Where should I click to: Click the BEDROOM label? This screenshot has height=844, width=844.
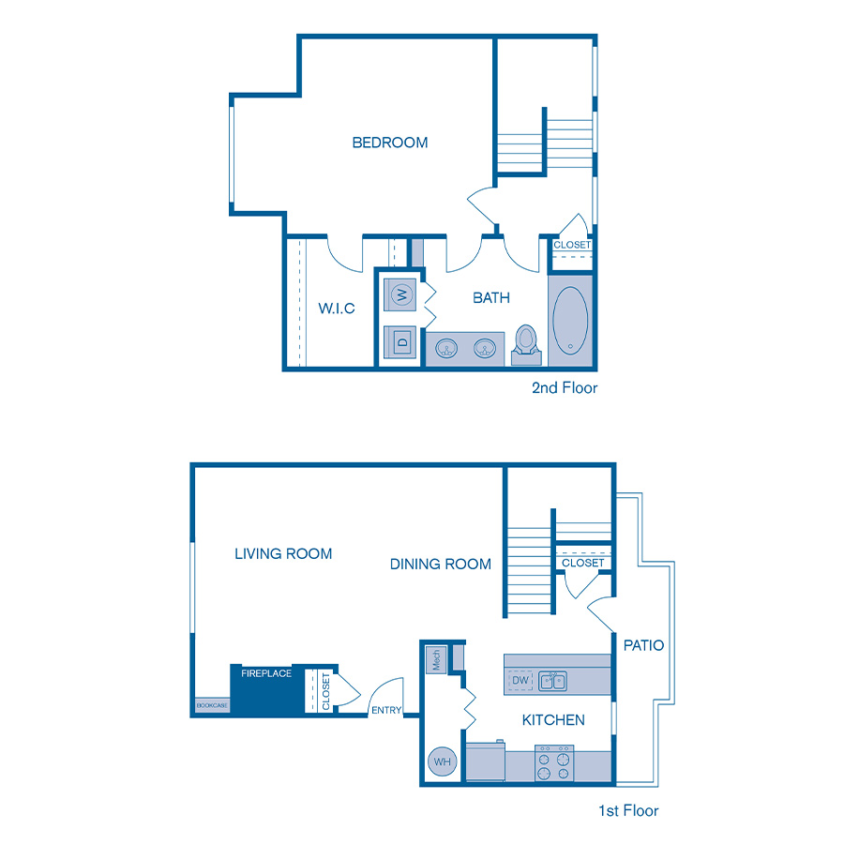pyautogui.click(x=390, y=143)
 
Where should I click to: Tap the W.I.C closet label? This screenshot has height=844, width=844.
pyautogui.click(x=337, y=308)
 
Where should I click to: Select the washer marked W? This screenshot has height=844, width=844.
pyautogui.click(x=402, y=294)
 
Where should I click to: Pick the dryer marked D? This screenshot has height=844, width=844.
pyautogui.click(x=402, y=341)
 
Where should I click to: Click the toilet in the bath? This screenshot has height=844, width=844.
pyautogui.click(x=526, y=343)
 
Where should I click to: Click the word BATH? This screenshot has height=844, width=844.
pyautogui.click(x=491, y=298)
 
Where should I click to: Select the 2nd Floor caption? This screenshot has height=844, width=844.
pyautogui.click(x=565, y=387)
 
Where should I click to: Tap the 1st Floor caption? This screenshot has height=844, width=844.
pyautogui.click(x=628, y=810)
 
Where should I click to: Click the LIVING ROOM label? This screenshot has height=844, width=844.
pyautogui.click(x=283, y=554)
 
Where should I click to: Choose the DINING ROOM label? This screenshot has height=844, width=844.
pyautogui.click(x=441, y=565)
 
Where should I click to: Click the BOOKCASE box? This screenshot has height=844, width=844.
pyautogui.click(x=212, y=705)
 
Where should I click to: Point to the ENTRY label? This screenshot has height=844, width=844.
pyautogui.click(x=385, y=710)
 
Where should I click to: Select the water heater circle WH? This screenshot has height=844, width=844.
pyautogui.click(x=443, y=762)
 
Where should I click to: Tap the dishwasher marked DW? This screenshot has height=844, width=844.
pyautogui.click(x=520, y=679)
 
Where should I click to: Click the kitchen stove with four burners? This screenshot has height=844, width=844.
pyautogui.click(x=553, y=762)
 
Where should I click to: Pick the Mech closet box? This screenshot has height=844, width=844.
pyautogui.click(x=436, y=659)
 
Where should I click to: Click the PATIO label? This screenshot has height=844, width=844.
pyautogui.click(x=643, y=645)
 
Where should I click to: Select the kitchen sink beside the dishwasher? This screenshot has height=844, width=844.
pyautogui.click(x=552, y=680)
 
